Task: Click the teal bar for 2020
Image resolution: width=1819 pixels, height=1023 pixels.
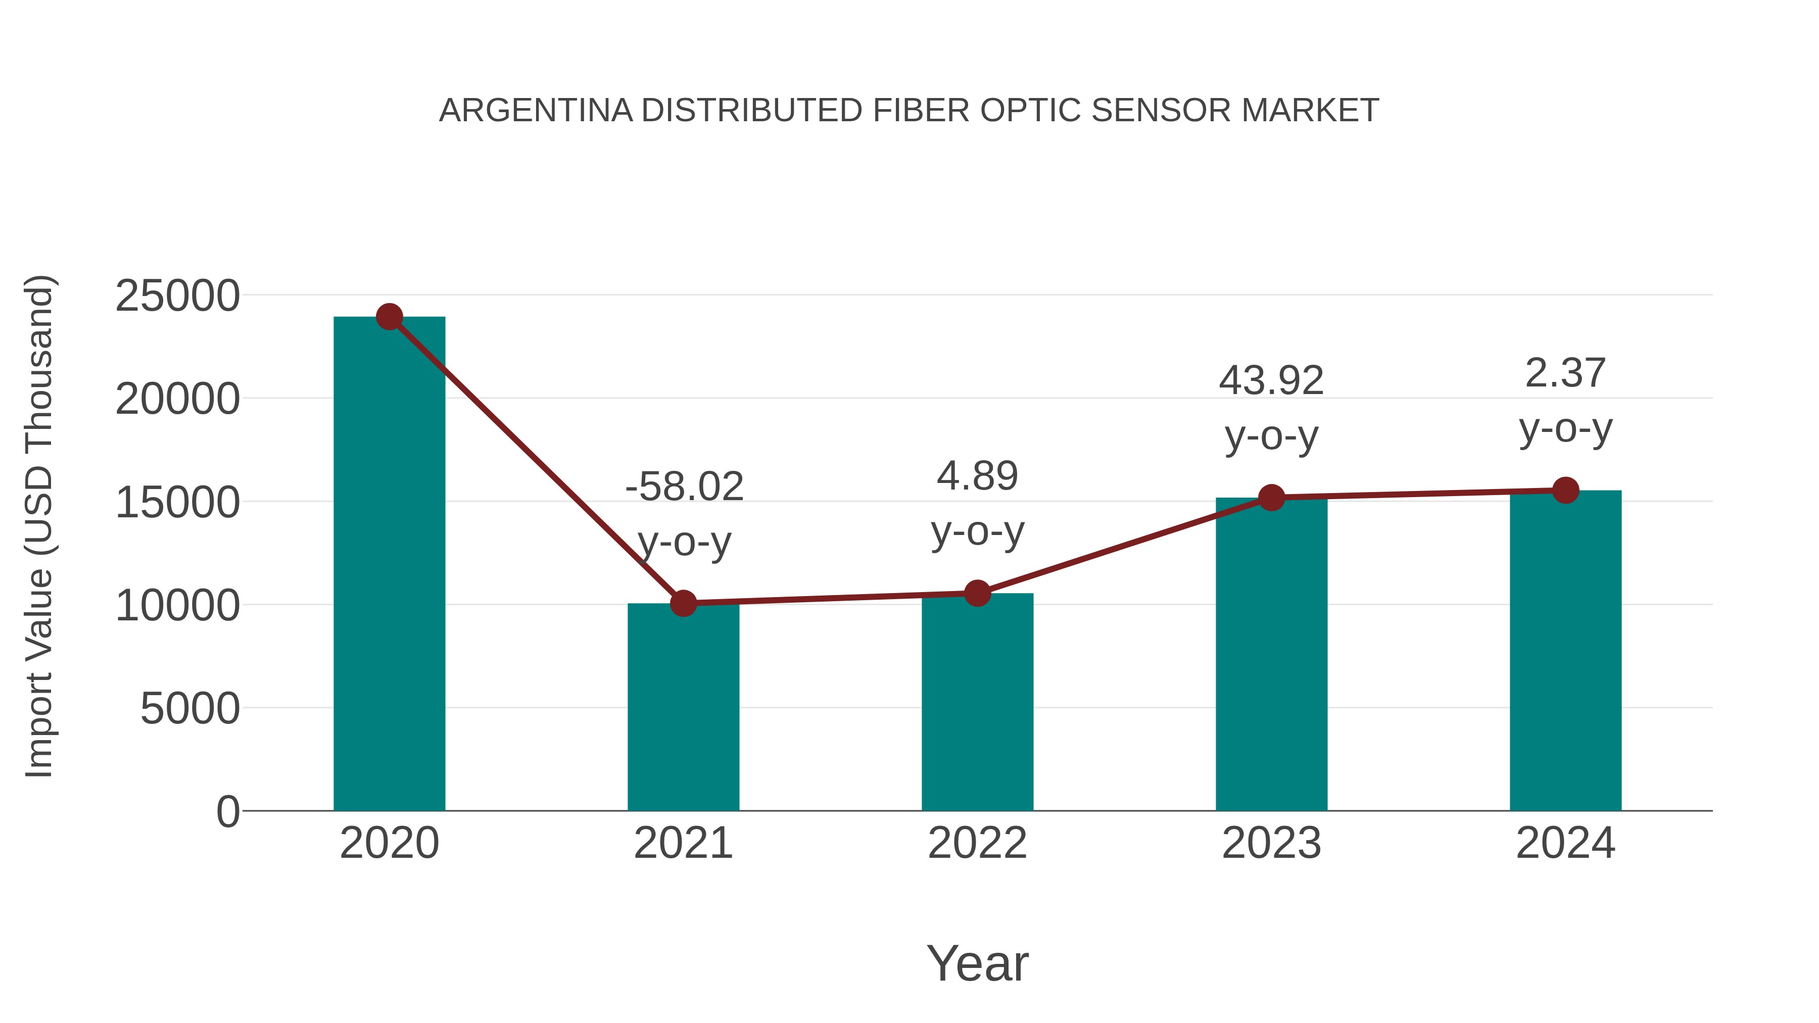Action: pyautogui.click(x=389, y=565)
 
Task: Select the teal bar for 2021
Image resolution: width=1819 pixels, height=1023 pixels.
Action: pyautogui.click(x=683, y=706)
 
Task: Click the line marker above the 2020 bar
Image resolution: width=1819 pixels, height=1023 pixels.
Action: pyautogui.click(x=389, y=317)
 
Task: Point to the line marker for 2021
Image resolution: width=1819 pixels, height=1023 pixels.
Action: pyautogui.click(x=683, y=604)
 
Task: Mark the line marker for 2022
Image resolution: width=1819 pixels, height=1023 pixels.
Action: pyautogui.click(x=977, y=594)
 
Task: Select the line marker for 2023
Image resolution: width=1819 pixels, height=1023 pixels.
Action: pyautogui.click(x=1271, y=498)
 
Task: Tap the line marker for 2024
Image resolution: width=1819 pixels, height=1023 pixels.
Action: pyautogui.click(x=1565, y=490)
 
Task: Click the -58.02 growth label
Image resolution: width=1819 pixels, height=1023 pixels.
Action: pyautogui.click(x=684, y=487)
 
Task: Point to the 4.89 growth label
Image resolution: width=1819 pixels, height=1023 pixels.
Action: pyautogui.click(x=977, y=476)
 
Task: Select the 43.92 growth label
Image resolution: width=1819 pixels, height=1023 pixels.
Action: pyautogui.click(x=1271, y=381)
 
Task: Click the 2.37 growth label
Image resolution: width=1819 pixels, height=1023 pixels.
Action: pyautogui.click(x=1565, y=373)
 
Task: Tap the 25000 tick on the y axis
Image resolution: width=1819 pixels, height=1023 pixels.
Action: pyautogui.click(x=177, y=296)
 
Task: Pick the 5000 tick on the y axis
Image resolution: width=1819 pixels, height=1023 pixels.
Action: pyautogui.click(x=190, y=709)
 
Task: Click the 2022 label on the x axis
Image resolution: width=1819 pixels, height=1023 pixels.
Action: pyautogui.click(x=977, y=843)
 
